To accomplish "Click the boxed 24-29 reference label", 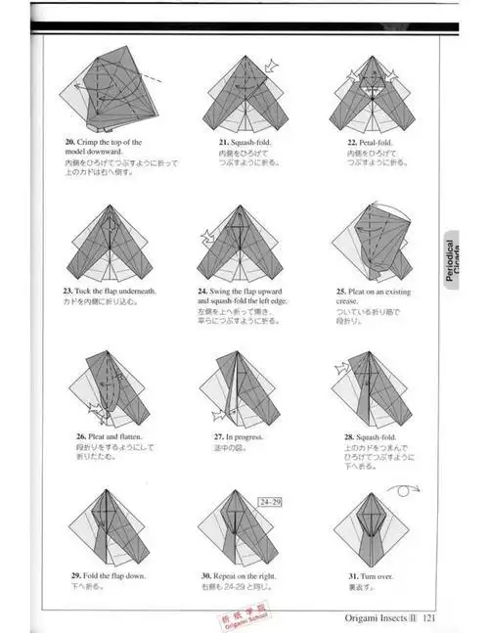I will (x=271, y=502).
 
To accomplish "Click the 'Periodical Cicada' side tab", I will (x=451, y=261).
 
